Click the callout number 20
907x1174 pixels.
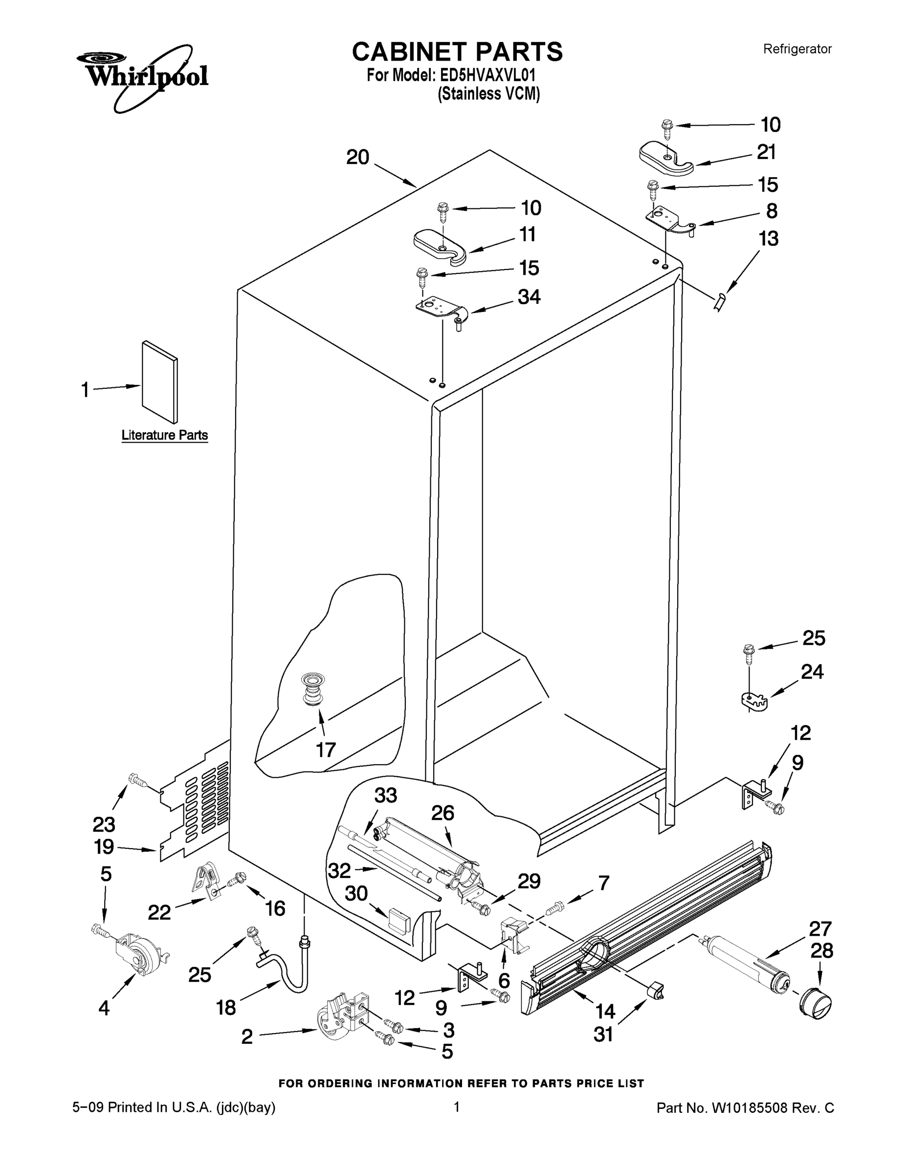point(357,158)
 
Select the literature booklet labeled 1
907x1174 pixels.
point(159,381)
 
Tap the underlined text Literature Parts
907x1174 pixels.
point(164,435)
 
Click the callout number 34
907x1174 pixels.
point(529,297)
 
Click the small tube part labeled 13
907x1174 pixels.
point(720,301)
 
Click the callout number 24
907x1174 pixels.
point(812,672)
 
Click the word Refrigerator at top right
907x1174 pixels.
point(797,49)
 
